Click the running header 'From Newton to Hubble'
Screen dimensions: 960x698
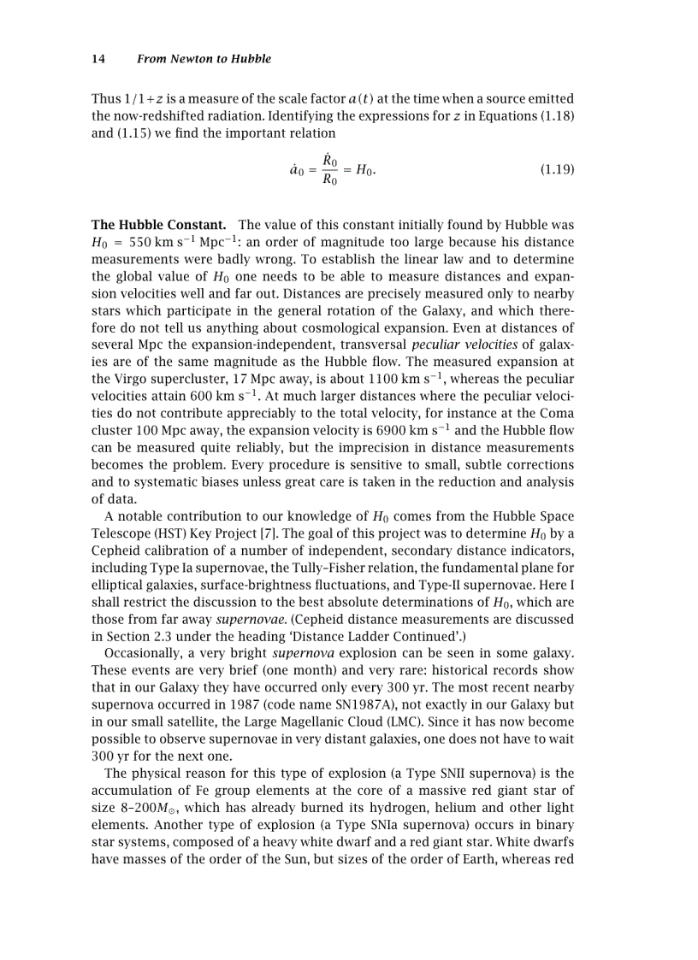tap(204, 59)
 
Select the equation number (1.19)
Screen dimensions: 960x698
tap(557, 170)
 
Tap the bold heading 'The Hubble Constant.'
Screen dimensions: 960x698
tap(158, 226)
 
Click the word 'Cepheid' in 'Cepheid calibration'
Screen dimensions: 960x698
tap(115, 551)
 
